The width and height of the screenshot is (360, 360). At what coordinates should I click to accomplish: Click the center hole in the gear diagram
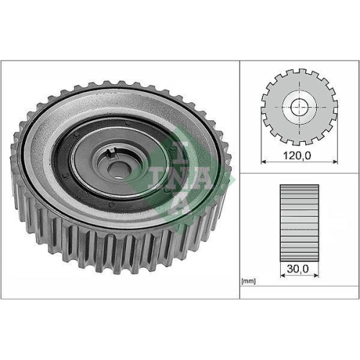click(297, 108)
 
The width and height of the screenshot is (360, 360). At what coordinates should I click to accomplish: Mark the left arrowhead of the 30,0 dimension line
click(279, 275)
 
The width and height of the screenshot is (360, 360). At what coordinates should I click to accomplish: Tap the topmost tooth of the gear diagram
click(297, 73)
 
